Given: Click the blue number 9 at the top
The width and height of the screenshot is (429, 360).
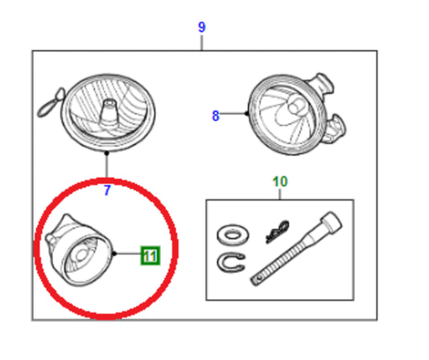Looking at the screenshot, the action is point(202,27).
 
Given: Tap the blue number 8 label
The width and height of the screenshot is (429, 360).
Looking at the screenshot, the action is point(216,115).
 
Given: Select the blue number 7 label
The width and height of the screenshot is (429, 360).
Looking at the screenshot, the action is point(107,190).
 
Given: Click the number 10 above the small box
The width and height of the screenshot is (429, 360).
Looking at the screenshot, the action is point(280,181).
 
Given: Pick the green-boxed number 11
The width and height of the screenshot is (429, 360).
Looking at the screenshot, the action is point(151,255).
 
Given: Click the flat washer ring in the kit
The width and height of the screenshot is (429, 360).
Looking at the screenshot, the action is point(233,234).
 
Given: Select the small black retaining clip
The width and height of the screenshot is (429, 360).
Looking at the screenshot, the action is point(277,231).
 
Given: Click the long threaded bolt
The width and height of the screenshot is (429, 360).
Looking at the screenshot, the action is point(296,249).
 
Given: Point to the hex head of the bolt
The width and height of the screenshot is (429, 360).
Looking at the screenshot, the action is point(332,221).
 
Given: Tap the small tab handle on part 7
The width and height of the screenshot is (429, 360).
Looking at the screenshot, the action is point(51,102).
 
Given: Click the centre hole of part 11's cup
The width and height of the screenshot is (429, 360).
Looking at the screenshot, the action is point(80,255).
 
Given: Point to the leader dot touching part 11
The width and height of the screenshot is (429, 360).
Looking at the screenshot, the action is point(114,254).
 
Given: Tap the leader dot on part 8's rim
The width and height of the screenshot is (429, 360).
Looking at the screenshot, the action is point(247,113).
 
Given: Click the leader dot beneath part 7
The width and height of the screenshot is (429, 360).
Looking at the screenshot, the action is point(107,153).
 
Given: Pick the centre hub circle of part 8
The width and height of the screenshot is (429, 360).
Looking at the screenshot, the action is point(296,106).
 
